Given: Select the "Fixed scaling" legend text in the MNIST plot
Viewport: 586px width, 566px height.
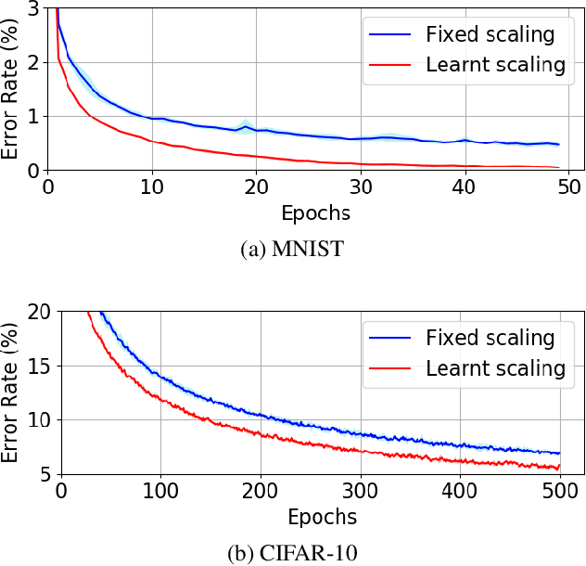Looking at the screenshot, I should point(490,35).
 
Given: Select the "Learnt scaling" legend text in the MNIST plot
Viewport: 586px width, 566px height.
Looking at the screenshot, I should point(495,64).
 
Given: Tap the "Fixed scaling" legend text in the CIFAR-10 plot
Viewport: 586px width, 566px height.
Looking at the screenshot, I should point(490,338).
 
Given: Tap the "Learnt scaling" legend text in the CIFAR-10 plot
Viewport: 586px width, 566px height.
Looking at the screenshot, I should point(495,367).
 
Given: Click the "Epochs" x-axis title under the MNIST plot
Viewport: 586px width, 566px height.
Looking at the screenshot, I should point(316,212).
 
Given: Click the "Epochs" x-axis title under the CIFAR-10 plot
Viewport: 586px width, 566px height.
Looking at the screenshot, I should point(322,516).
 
